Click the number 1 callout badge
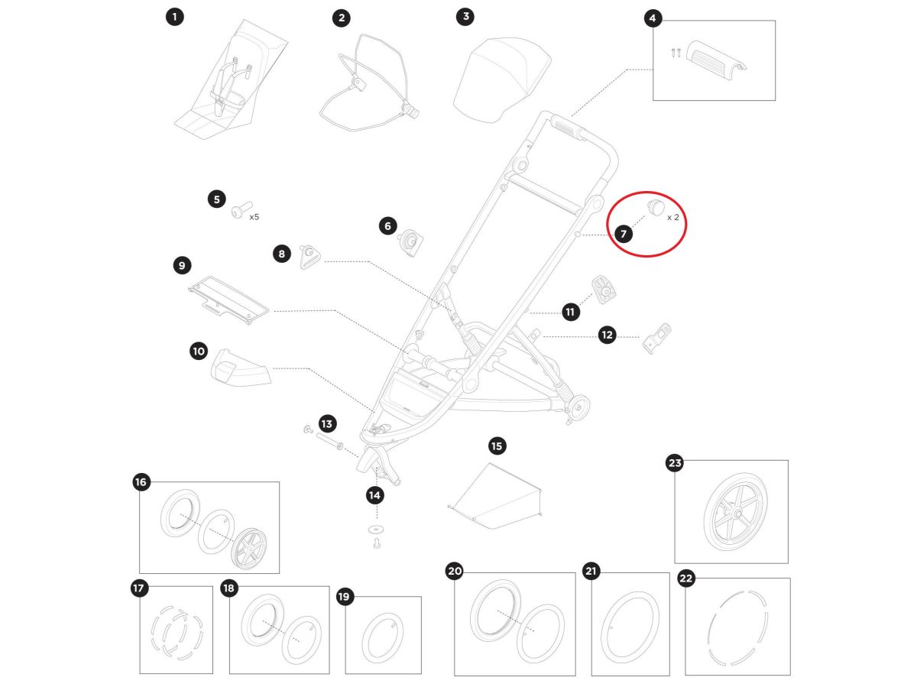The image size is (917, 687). (x=175, y=17)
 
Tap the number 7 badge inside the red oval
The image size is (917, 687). (x=624, y=234)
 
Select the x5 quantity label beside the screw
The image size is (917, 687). (x=254, y=216)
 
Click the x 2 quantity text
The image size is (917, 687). (x=672, y=217)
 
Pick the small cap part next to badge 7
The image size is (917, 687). (x=655, y=206)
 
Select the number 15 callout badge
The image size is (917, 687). (x=497, y=446)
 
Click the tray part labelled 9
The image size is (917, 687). (x=228, y=299)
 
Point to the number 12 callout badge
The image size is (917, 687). (x=607, y=335)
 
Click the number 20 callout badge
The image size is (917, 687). (x=455, y=572)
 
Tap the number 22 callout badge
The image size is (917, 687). (x=685, y=578)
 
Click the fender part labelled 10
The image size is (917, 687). (x=240, y=371)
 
